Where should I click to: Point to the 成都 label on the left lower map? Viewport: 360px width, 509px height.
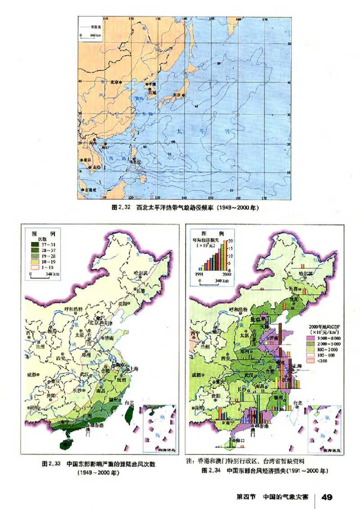pos(32,374)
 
